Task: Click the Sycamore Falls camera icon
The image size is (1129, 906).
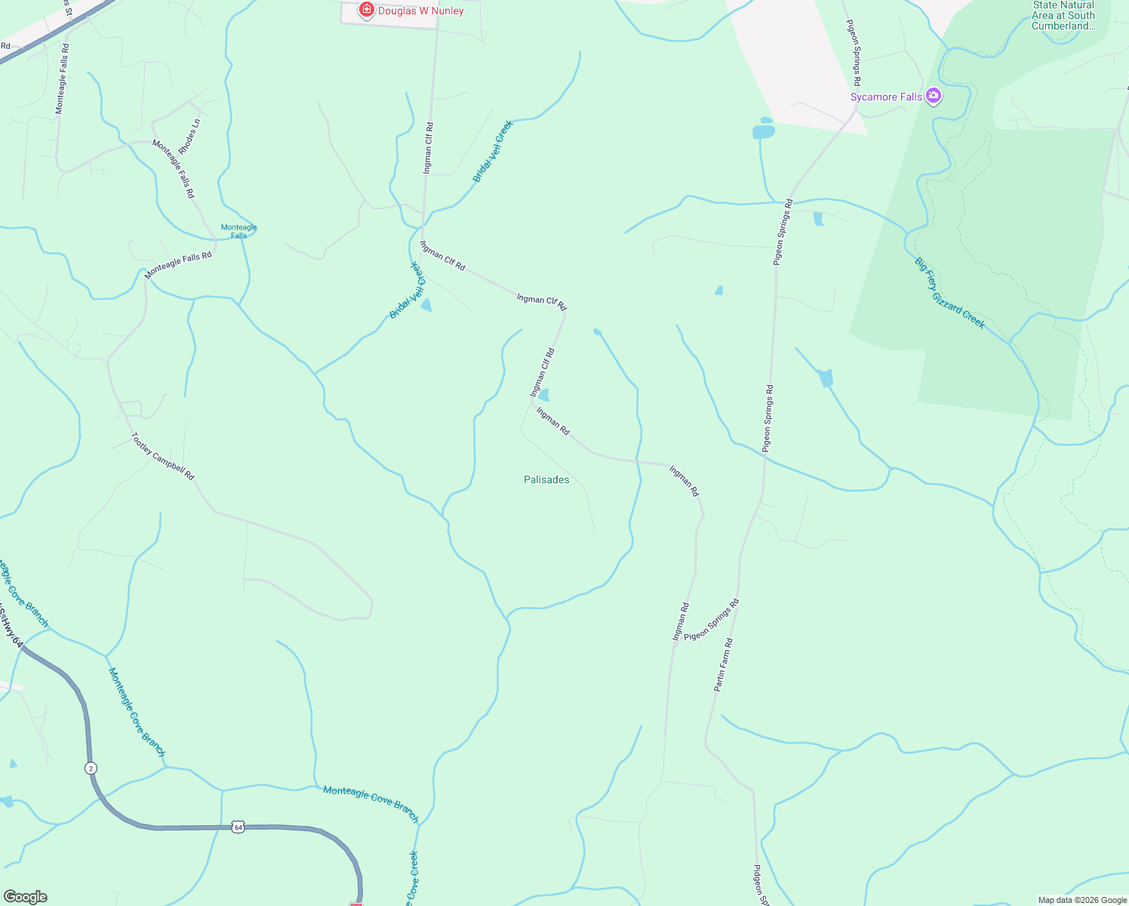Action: [934, 96]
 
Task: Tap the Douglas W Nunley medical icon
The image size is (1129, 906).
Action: [367, 10]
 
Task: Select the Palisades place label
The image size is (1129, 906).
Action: [546, 479]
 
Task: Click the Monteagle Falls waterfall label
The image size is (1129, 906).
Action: [238, 231]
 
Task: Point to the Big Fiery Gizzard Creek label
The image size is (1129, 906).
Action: [949, 293]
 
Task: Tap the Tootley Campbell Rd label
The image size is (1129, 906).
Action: [163, 456]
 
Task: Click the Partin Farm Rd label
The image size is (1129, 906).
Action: [723, 665]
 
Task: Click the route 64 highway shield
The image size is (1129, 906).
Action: [238, 827]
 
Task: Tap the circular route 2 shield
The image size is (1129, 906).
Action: [91, 768]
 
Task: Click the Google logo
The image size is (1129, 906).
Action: [25, 897]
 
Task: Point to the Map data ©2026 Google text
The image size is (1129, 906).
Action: [1082, 900]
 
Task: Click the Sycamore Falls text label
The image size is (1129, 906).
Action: [886, 97]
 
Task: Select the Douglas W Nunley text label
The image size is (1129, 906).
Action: [420, 11]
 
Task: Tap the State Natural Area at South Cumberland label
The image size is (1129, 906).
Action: [1063, 15]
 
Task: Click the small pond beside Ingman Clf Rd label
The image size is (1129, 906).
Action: [543, 395]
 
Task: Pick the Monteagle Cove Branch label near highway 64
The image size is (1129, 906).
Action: [371, 803]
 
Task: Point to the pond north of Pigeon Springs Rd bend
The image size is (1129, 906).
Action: [763, 131]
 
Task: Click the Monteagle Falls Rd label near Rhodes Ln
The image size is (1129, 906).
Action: [174, 168]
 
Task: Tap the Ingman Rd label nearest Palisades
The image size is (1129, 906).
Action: [552, 421]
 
